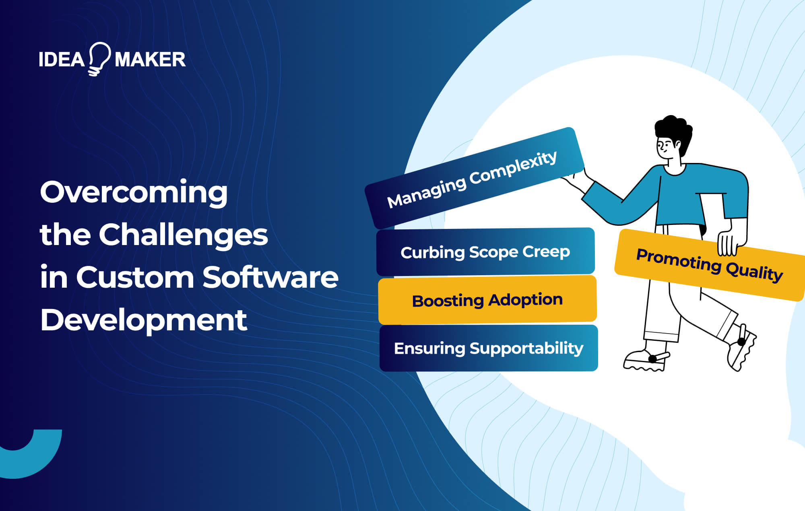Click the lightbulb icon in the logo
(x=99, y=58)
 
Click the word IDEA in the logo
(x=62, y=60)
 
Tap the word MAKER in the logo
(x=150, y=60)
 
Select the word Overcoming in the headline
(x=134, y=192)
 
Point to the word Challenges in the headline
(x=183, y=235)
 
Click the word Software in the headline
(x=270, y=278)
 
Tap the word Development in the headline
(x=143, y=320)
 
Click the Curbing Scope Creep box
(x=485, y=252)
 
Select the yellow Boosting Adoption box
(x=487, y=300)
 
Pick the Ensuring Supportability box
(x=488, y=348)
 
